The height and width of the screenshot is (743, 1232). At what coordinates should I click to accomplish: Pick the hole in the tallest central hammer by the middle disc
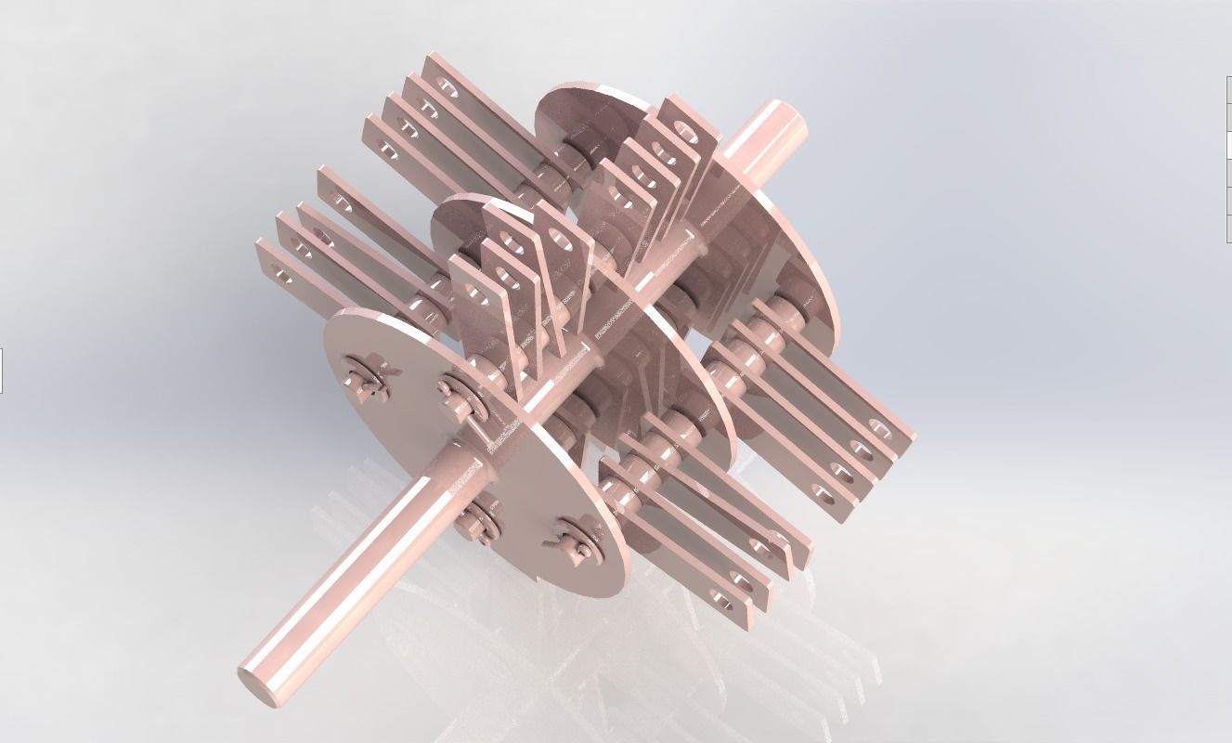click(560, 241)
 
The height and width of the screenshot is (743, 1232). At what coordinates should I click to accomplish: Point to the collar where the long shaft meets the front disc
click(464, 455)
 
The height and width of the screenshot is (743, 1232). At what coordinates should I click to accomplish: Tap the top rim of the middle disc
click(473, 202)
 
